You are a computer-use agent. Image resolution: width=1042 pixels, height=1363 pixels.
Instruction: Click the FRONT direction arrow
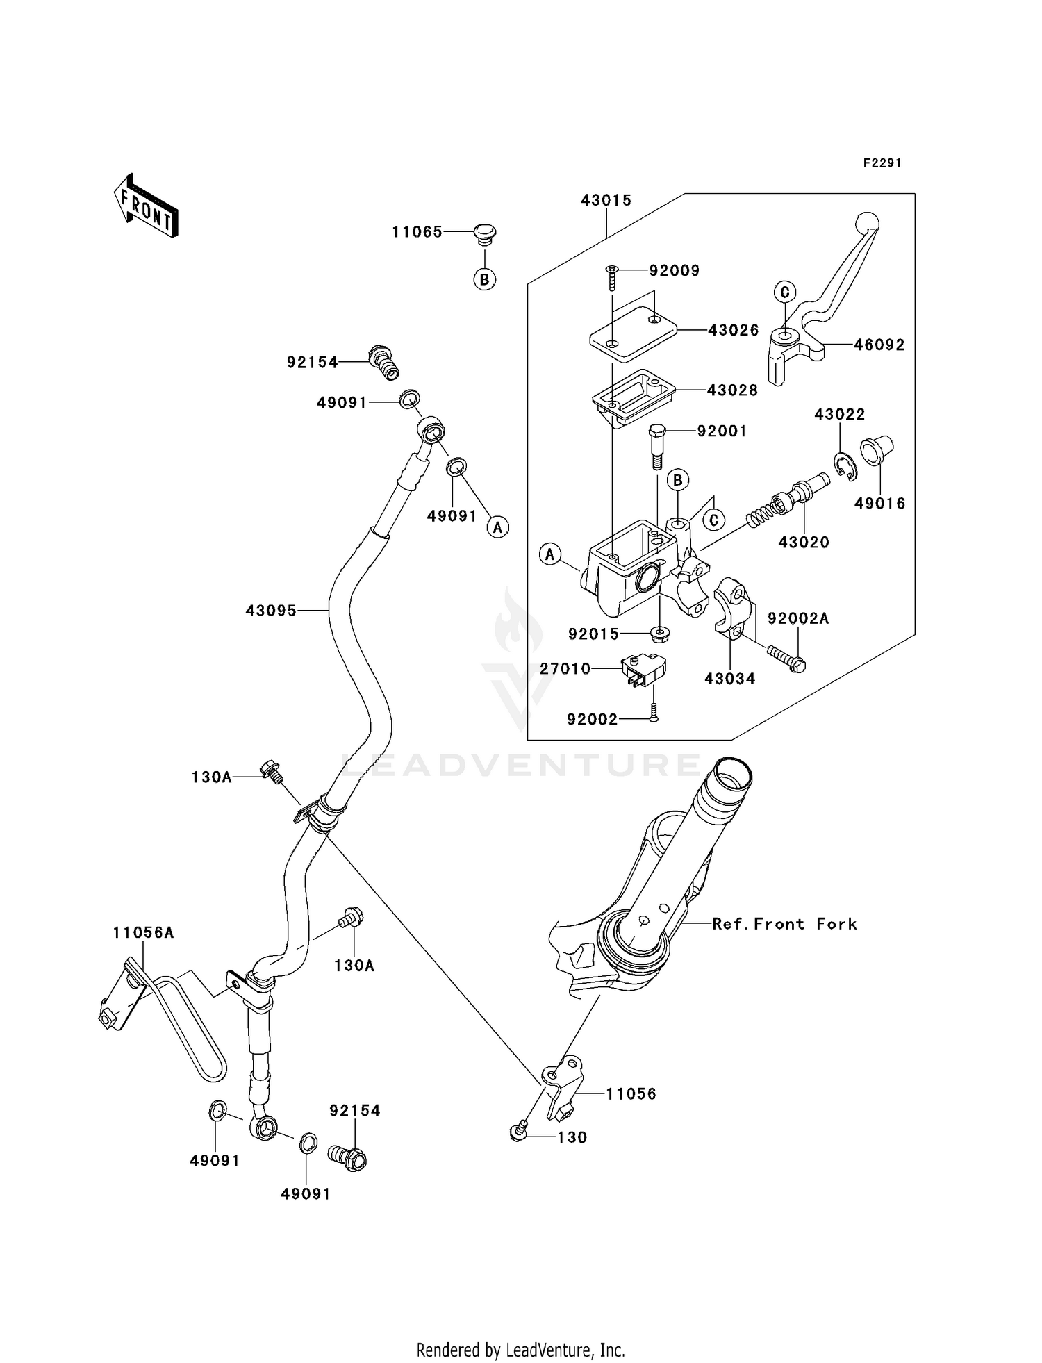coord(146,208)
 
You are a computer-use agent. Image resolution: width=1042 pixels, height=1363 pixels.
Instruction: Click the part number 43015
coord(606,200)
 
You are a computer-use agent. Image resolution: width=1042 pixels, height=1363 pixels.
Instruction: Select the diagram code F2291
coord(882,163)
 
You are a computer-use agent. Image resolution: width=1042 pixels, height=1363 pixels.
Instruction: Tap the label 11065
coord(417,232)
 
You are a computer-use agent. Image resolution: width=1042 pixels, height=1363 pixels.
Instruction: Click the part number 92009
coord(674,270)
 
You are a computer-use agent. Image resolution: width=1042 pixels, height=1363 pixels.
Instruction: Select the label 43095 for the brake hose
coord(271,611)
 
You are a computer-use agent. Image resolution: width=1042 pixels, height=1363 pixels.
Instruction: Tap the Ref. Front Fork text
coord(784,924)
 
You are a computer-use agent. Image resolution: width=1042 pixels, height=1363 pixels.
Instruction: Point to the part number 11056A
coord(143,933)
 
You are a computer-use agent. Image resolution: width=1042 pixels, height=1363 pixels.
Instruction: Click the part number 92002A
coord(797,618)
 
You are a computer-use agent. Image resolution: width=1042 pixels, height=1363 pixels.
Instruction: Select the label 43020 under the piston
coord(803,542)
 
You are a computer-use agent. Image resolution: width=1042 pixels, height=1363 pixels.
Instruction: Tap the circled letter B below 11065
coord(484,279)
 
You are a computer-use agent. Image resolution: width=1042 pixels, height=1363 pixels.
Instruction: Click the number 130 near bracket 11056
coord(572,1137)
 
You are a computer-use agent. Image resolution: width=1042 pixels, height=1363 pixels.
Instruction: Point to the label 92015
coord(593,634)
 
